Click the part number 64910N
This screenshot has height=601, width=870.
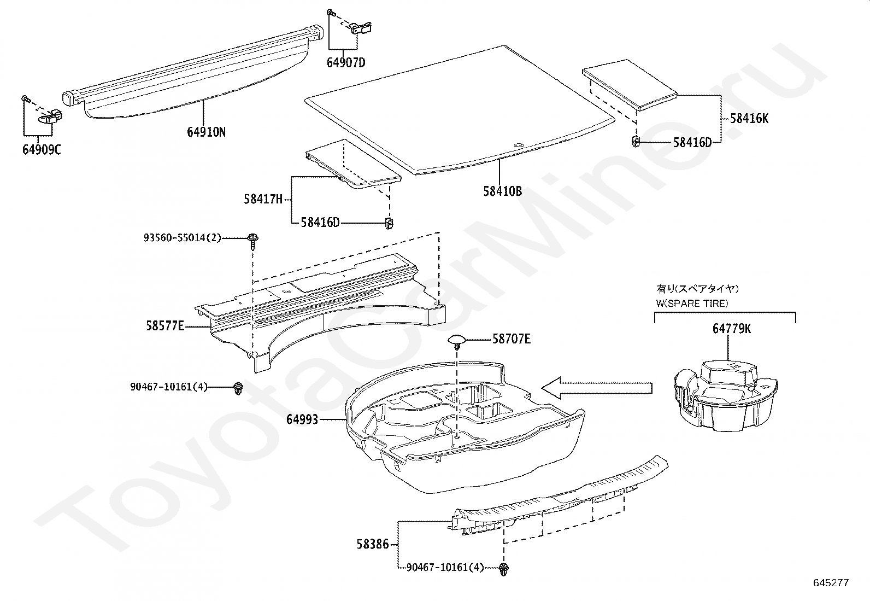click(x=206, y=132)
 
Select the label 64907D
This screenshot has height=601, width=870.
click(x=346, y=62)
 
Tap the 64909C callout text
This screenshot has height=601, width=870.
click(x=42, y=149)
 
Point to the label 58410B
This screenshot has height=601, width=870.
click(x=502, y=191)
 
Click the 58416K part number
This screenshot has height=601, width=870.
click(x=749, y=118)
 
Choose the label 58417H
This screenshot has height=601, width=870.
click(x=263, y=199)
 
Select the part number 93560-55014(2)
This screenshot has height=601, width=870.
click(x=183, y=238)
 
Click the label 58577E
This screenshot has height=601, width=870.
click(x=164, y=326)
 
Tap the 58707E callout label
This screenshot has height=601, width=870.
click(x=511, y=339)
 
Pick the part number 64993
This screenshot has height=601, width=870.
click(x=302, y=419)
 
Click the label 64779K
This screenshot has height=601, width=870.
click(x=731, y=328)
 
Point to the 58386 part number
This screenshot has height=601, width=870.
click(x=373, y=544)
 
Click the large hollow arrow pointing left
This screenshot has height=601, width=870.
click(x=596, y=388)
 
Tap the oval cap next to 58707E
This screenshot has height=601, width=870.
click(x=457, y=341)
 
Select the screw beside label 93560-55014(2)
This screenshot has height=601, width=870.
click(x=253, y=241)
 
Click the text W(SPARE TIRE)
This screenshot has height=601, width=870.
click(x=692, y=303)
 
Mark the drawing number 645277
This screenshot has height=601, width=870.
click(x=831, y=583)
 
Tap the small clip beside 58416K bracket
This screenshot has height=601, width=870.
click(x=636, y=142)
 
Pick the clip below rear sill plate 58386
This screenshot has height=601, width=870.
click(x=503, y=569)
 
